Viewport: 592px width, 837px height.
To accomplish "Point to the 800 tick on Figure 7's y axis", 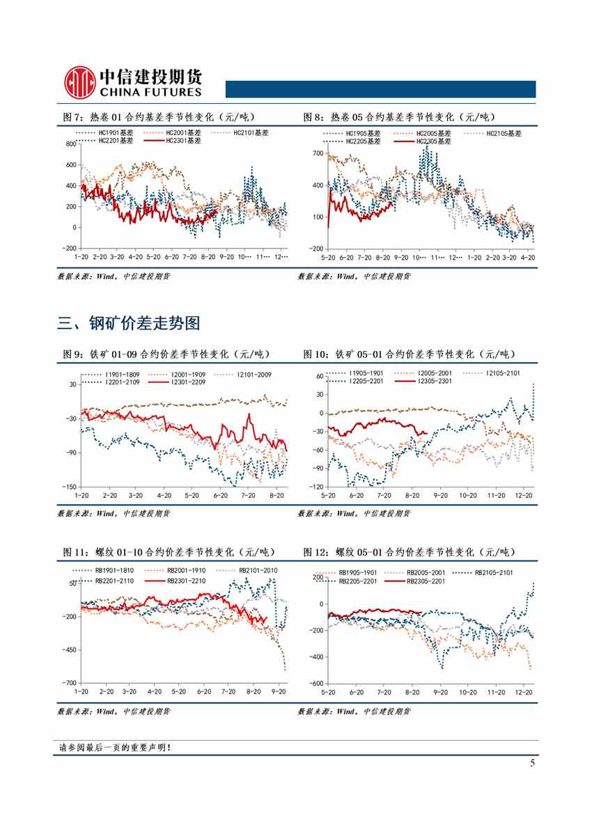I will pyautogui.click(x=70, y=144).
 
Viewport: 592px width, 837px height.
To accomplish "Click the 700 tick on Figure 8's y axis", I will pyautogui.click(x=318, y=153).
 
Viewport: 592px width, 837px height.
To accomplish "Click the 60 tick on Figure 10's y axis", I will pyautogui.click(x=320, y=376).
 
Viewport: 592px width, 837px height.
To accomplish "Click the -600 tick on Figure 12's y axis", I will pyautogui.click(x=316, y=684).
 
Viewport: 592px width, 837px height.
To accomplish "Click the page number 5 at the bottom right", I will pyautogui.click(x=532, y=763).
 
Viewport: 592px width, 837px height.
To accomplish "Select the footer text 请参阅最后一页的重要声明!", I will pyautogui.click(x=116, y=748).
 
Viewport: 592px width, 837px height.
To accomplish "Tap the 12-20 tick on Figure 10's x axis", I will pyautogui.click(x=524, y=495).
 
